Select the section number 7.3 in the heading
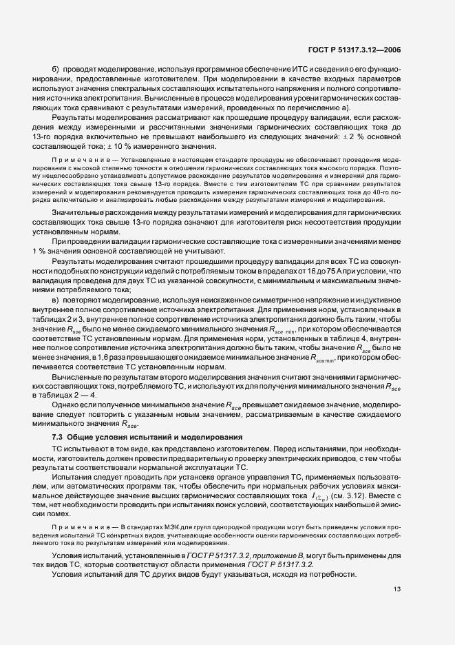[58, 438]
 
